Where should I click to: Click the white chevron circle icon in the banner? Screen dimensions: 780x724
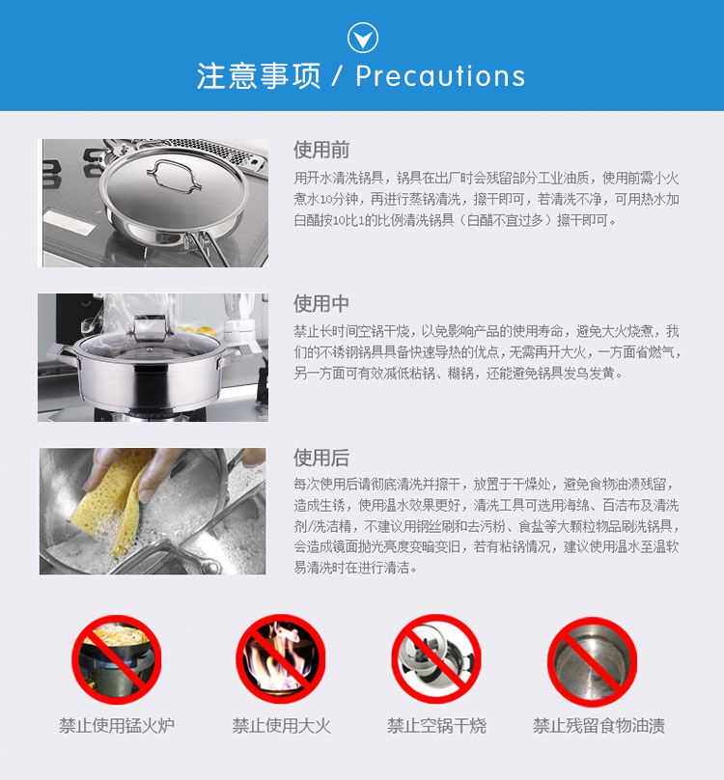[x=362, y=38]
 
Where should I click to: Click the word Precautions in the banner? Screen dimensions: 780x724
[x=440, y=76]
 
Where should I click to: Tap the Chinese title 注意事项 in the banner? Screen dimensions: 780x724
[x=258, y=76]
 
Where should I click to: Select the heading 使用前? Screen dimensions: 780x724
[x=321, y=150]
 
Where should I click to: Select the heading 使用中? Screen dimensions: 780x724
[x=321, y=304]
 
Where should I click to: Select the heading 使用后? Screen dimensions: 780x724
[x=321, y=458]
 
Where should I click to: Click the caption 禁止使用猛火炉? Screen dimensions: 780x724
[x=117, y=725]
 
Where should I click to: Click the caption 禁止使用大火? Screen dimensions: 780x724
[x=281, y=725]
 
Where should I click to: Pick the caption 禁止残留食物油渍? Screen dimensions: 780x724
[x=599, y=725]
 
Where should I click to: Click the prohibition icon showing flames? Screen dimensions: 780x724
[x=281, y=660]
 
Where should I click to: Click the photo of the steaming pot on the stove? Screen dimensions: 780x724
[x=153, y=356]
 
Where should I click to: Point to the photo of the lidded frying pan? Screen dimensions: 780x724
[x=153, y=203]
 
